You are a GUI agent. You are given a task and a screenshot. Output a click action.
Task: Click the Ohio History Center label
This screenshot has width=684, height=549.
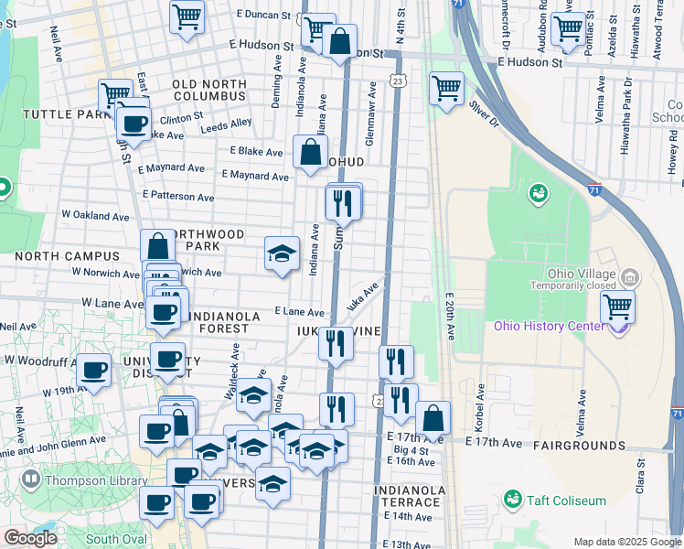point(550,327)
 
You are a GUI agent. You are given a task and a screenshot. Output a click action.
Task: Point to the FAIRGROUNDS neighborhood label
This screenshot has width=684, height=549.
point(582,446)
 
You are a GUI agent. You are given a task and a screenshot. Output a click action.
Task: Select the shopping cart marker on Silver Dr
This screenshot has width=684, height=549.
point(446,89)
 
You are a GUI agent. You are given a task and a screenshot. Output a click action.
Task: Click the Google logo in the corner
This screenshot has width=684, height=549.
point(30,538)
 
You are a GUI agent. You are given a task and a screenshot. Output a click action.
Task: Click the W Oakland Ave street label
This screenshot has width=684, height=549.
point(96,216)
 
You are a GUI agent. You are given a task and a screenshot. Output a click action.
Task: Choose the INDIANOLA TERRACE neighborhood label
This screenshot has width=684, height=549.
point(409,497)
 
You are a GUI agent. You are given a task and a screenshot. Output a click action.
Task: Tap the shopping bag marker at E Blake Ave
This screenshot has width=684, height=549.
point(310,151)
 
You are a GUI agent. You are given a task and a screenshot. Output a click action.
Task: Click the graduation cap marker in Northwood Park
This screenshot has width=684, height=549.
point(282,253)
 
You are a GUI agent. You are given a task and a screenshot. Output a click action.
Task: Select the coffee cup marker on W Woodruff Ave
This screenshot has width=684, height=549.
point(93,370)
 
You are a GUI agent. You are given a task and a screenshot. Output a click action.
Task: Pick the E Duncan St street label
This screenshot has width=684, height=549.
point(263,16)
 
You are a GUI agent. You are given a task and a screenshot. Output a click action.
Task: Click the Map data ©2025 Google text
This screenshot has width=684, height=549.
point(627,542)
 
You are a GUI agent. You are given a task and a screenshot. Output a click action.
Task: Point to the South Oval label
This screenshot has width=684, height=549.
point(116,539)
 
